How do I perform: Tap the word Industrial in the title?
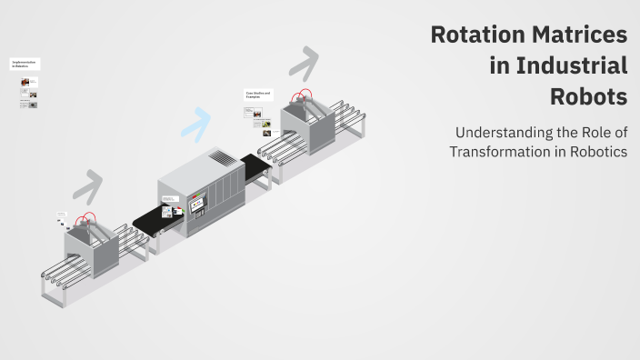[x=572, y=66]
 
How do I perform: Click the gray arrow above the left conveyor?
[x=87, y=185]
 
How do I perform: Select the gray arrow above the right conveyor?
[x=304, y=64]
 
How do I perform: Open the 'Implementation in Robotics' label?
[x=25, y=65]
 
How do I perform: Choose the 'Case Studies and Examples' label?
[x=254, y=95]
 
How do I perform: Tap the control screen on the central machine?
[x=196, y=207]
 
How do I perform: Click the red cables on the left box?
[x=86, y=220]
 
